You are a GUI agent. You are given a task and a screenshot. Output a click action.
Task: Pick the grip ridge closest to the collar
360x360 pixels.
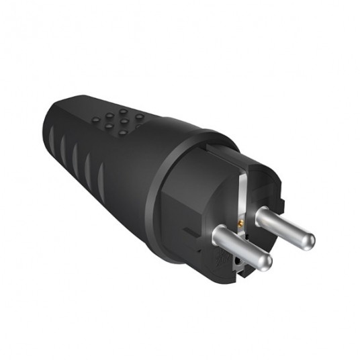(100, 179)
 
